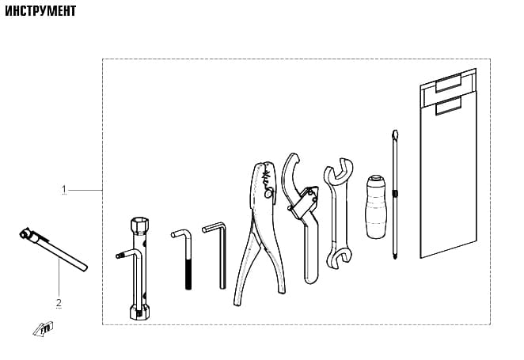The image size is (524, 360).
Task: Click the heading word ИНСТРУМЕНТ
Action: pos(40,11)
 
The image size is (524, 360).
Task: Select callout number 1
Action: pos(64,190)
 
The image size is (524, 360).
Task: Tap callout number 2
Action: pos(59,303)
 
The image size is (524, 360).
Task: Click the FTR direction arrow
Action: pos(43,329)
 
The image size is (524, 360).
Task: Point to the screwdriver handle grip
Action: pos(376,207)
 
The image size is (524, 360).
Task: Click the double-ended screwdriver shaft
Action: pos(395,195)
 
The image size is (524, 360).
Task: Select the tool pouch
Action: pos(448,163)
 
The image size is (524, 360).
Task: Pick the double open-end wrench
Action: pos(338,213)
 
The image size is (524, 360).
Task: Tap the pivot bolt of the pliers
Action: pos(268,193)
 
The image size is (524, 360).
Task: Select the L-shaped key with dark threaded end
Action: pos(183,257)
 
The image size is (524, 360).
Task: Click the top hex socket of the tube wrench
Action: pos(139,225)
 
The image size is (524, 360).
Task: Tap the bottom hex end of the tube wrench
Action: pos(139,312)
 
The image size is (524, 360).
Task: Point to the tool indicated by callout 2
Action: pos(53,248)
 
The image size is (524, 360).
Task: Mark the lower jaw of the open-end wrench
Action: pos(339,258)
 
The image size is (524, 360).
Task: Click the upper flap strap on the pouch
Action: pos(449,83)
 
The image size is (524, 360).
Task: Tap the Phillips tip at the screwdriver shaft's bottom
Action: pos(395,256)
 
